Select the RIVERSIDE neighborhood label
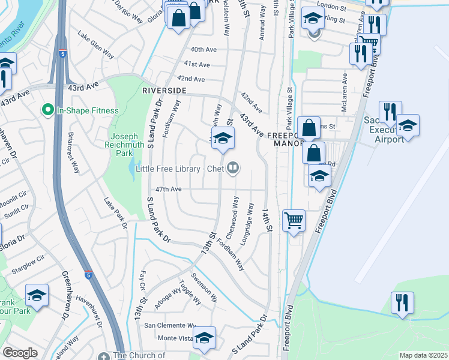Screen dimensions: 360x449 164,90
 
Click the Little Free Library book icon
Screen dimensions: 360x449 235,169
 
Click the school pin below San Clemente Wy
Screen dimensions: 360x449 204,338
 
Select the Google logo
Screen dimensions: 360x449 20,353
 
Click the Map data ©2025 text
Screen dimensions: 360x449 423,355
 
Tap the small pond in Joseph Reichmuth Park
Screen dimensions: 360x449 131,172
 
